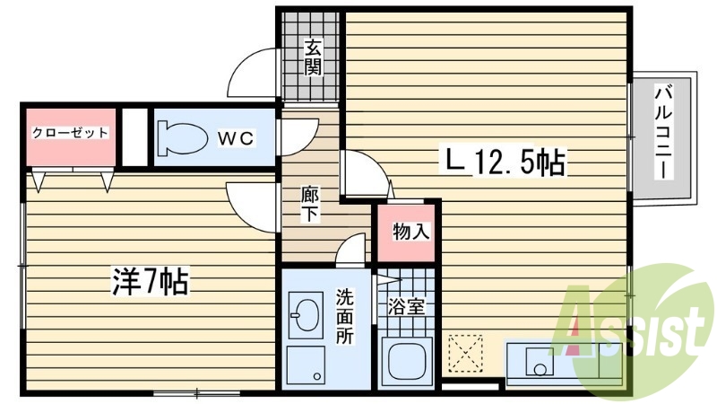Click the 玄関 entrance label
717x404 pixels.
coord(312,57)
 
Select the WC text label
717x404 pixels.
coord(238,137)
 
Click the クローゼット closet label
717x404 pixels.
coord(70,134)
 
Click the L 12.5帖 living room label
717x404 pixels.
coord(505,162)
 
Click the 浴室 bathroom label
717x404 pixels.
coord(406,306)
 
